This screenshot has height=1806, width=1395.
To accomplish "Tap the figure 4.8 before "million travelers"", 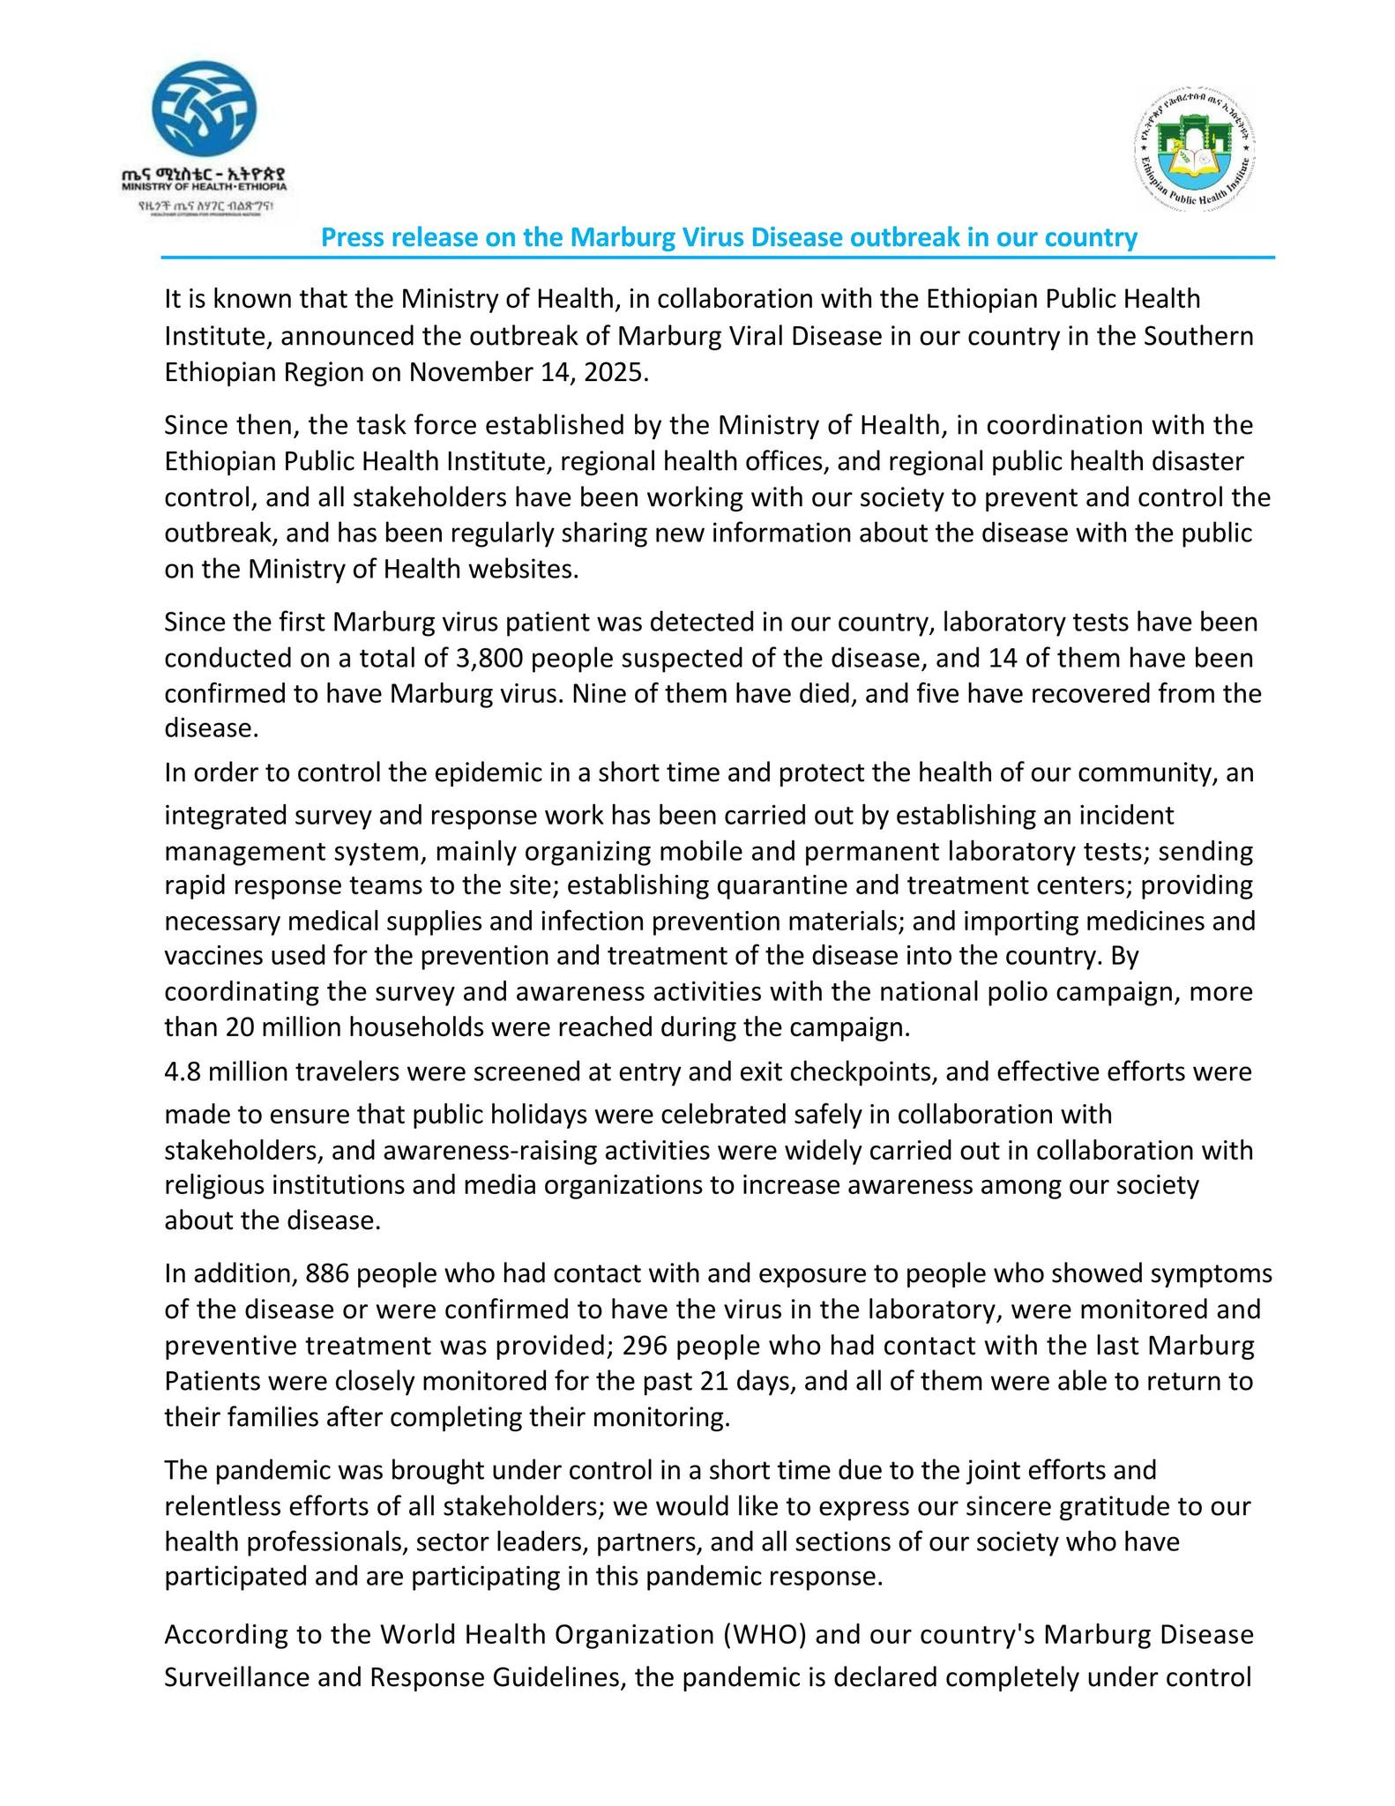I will click(x=183, y=1072).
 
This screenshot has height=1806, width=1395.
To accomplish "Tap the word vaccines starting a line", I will click(x=209, y=956).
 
